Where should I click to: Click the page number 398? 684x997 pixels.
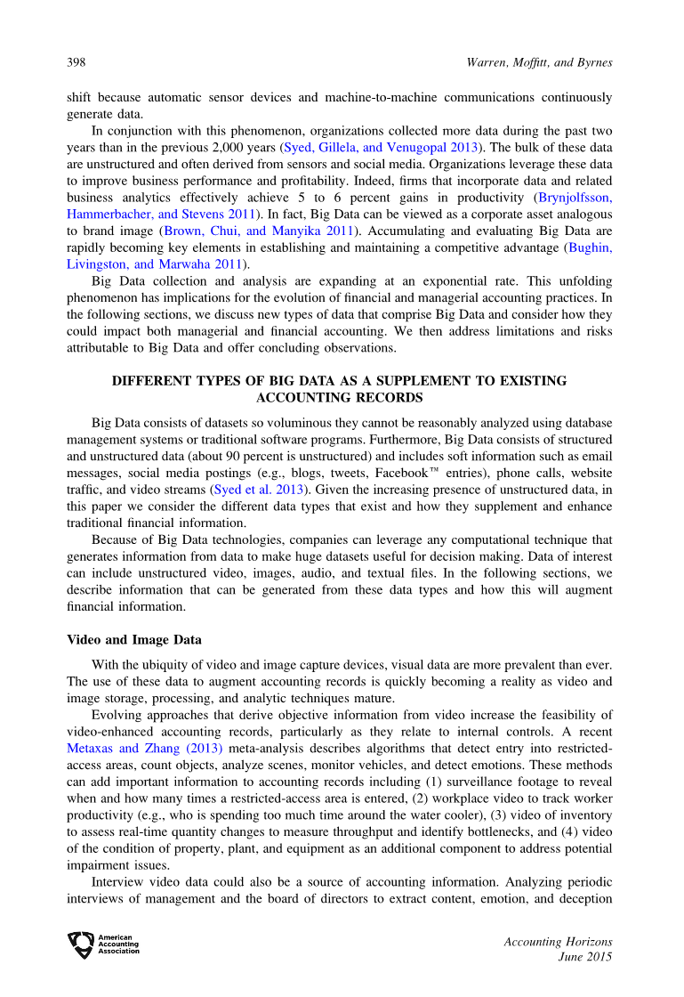[x=76, y=62]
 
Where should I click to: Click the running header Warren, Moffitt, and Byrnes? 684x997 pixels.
[x=539, y=62]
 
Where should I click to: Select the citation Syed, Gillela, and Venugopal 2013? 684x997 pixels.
[x=385, y=147]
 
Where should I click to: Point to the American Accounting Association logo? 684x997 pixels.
[x=103, y=944]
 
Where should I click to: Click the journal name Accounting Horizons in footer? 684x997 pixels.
[x=558, y=941]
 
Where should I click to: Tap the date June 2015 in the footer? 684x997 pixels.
[x=584, y=958]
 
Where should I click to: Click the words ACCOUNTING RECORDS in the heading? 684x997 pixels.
[x=339, y=397]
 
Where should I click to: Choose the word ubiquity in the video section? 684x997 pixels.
[x=170, y=664]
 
